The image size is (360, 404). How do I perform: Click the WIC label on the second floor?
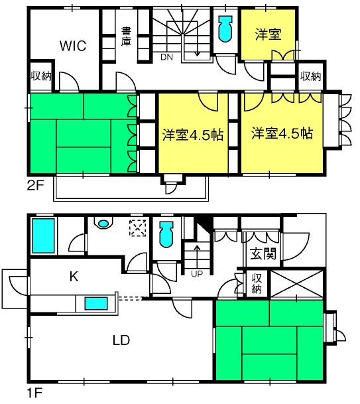[73, 46]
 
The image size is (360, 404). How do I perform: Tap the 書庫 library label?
[126, 36]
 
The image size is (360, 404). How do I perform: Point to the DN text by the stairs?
[166, 57]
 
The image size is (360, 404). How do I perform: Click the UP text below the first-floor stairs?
[197, 274]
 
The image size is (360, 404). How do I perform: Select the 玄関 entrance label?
[263, 254]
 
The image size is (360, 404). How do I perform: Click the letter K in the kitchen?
[74, 277]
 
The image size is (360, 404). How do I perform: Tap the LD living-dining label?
[121, 340]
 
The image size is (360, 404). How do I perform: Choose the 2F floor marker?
[36, 185]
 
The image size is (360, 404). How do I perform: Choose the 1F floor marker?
[34, 393]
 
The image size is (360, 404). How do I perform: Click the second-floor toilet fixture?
[225, 29]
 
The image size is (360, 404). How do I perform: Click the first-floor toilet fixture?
[166, 234]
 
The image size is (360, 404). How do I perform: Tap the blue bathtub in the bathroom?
[43, 236]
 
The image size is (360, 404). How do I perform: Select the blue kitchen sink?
[96, 303]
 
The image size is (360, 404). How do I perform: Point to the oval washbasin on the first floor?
[103, 223]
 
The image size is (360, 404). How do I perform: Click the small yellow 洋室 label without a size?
[268, 34]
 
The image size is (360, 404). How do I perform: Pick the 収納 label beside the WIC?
[41, 76]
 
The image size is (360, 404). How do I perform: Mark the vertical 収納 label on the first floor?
[257, 284]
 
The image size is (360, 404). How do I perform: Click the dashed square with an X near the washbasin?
[137, 228]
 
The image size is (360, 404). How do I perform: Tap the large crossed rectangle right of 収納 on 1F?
[297, 284]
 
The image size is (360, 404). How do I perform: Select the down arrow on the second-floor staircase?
[198, 48]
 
